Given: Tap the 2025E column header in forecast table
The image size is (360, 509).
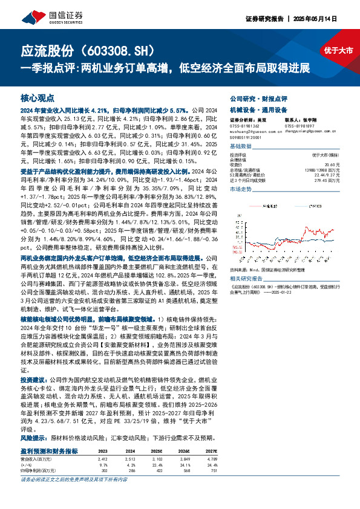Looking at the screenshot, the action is click(157, 451).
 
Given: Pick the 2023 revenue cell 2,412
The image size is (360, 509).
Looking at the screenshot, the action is click(103, 459).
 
